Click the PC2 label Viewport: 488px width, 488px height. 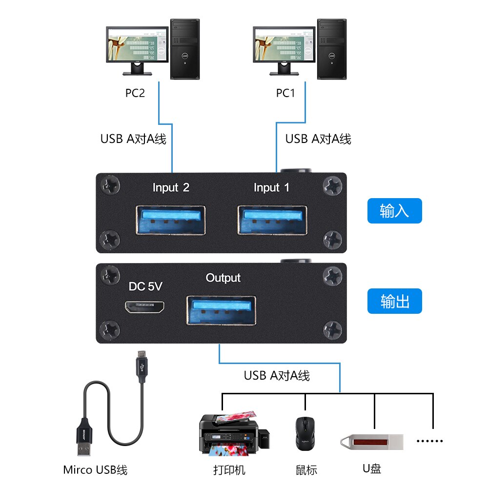point(135,93)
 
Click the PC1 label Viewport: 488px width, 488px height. point(285,93)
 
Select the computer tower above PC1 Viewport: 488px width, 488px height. point(332,49)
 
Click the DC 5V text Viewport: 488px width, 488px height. point(145,287)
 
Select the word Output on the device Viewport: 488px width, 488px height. point(223,278)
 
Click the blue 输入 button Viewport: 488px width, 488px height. point(394,211)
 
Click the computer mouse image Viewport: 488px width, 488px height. point(305,433)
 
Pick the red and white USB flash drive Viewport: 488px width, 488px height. point(372,442)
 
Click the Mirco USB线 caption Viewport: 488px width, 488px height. point(95,470)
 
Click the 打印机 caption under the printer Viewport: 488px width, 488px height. point(229,470)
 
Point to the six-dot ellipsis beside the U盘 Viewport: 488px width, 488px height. point(430,441)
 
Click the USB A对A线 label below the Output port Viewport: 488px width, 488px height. point(277,376)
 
